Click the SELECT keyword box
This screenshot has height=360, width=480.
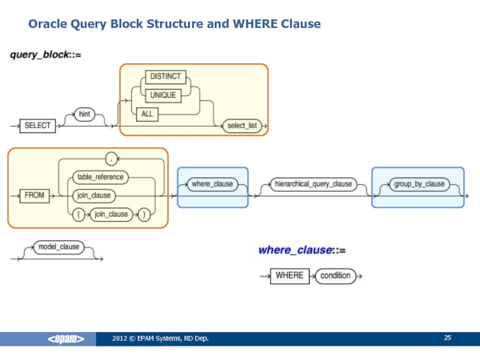[38, 125]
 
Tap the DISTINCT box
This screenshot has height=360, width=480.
[164, 77]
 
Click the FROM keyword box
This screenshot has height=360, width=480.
[34, 195]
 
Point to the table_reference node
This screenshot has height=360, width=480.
[100, 177]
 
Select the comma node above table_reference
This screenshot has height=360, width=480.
[111, 158]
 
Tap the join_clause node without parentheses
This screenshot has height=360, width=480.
[95, 196]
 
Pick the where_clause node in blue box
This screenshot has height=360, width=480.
[212, 184]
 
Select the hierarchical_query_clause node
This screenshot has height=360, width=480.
[313, 184]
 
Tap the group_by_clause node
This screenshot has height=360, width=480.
[419, 184]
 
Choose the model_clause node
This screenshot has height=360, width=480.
[58, 247]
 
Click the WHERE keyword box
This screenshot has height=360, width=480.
[289, 275]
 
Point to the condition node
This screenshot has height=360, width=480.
[335, 275]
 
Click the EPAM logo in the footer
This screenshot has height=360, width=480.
[66, 340]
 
